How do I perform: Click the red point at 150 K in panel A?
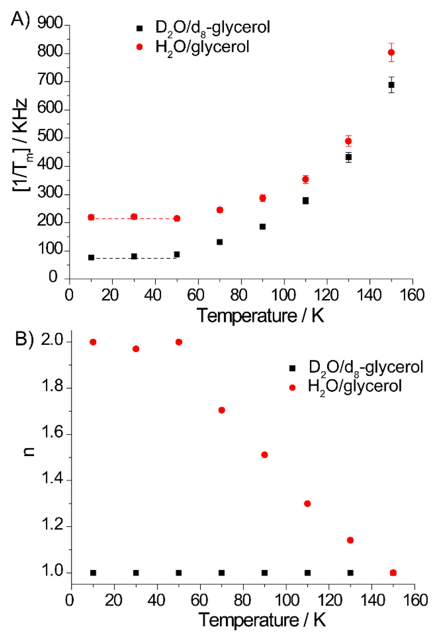tap(391, 52)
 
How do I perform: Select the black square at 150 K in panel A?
tap(391, 85)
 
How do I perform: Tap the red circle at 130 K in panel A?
tap(348, 141)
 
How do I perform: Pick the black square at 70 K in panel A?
tap(219, 242)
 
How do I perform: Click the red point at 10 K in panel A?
tap(91, 217)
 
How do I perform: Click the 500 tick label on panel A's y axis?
tap(50, 136)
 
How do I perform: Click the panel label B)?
tap(24, 339)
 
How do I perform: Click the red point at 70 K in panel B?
tap(222, 410)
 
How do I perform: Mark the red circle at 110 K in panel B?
tap(307, 504)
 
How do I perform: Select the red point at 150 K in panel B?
tap(393, 573)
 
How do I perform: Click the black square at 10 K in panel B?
tap(93, 573)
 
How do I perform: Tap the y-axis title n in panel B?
tap(28, 451)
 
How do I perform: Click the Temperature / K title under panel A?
tap(260, 316)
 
